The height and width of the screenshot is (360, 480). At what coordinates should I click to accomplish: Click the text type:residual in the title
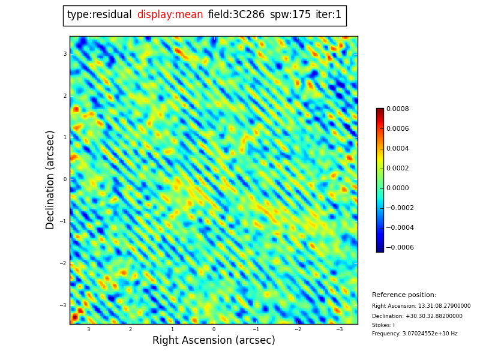(x=99, y=15)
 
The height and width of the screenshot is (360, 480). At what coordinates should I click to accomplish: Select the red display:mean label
(x=170, y=15)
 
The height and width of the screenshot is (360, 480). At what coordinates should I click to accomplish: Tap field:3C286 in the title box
(x=236, y=15)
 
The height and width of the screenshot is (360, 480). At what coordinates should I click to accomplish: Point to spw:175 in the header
(x=290, y=15)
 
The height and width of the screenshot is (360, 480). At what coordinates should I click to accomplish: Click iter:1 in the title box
(x=328, y=15)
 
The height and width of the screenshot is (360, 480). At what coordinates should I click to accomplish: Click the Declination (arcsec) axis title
(x=50, y=179)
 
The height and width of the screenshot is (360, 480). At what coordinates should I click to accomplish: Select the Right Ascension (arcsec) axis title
(x=214, y=341)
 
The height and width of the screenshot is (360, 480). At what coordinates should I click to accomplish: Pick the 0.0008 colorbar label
(x=397, y=109)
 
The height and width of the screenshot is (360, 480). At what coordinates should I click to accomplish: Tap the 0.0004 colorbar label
(x=397, y=148)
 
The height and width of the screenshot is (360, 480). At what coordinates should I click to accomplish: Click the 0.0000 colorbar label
(x=397, y=188)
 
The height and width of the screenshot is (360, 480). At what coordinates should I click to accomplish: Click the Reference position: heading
(x=404, y=295)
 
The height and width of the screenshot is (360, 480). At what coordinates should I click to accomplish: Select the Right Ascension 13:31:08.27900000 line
(x=421, y=306)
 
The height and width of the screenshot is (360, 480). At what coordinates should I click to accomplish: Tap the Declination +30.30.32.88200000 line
(x=417, y=316)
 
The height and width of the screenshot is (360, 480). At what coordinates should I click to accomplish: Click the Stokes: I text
(x=383, y=325)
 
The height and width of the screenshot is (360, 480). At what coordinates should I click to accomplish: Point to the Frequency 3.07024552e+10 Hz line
(x=415, y=334)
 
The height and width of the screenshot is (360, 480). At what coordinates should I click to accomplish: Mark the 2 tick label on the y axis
(x=65, y=96)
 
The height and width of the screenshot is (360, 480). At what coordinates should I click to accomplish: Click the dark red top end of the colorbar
(x=380, y=111)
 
